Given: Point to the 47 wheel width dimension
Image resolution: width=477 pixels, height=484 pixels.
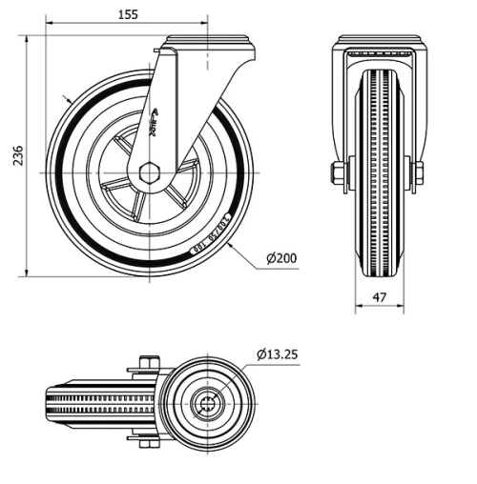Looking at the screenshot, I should (x=380, y=297).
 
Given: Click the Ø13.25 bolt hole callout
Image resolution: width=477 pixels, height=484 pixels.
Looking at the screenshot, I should (x=278, y=354).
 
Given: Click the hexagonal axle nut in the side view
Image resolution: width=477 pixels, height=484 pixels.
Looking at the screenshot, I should (x=150, y=173).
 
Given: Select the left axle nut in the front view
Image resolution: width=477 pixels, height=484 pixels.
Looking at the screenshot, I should (x=338, y=173).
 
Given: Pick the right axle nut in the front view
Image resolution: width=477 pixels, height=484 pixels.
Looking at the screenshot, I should (x=418, y=173).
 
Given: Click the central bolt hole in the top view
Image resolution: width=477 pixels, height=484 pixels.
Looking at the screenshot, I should (x=206, y=403).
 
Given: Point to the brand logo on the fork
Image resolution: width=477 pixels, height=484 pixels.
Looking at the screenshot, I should (x=156, y=119).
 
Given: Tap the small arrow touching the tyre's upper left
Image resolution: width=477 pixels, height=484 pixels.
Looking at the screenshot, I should (x=67, y=99).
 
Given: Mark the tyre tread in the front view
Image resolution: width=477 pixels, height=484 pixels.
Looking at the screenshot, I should (x=379, y=171).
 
